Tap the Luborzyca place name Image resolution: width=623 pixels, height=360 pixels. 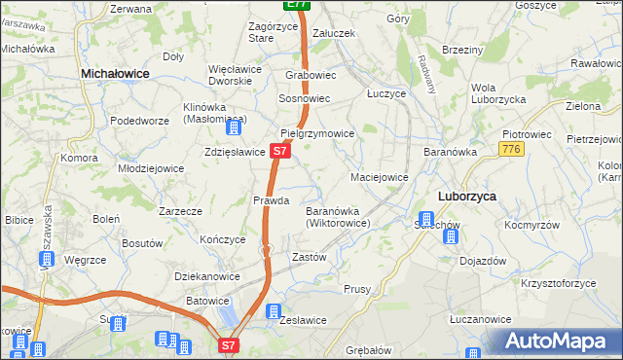[x=466, y=196]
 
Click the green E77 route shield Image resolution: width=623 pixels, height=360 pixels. [x=297, y=5]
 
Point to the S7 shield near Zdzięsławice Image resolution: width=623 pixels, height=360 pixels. [x=279, y=152]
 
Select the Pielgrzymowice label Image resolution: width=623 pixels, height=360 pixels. [x=317, y=132]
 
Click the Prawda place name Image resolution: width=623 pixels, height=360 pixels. [x=272, y=200]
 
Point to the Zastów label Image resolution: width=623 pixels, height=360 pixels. [x=309, y=257]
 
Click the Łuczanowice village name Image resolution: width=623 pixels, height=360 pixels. [x=480, y=319]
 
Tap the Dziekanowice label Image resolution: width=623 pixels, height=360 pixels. [x=207, y=276]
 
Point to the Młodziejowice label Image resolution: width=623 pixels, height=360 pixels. [x=151, y=167]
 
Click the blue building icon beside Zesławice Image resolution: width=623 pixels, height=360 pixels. [x=273, y=311]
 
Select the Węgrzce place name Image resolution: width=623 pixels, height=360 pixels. [x=84, y=261]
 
